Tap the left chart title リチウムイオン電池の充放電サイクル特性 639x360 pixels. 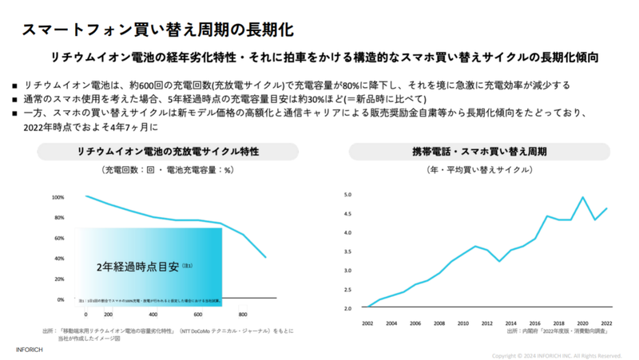tap(167, 151)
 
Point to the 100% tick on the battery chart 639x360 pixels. tap(58, 197)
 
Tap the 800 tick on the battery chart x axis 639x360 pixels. tap(243, 315)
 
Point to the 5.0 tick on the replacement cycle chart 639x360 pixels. tap(348, 195)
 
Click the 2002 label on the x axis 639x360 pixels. tap(367, 322)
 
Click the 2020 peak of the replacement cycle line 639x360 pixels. tap(582, 197)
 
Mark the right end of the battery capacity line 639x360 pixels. tap(265, 257)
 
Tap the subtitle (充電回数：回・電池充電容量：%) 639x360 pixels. tap(167, 171)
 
